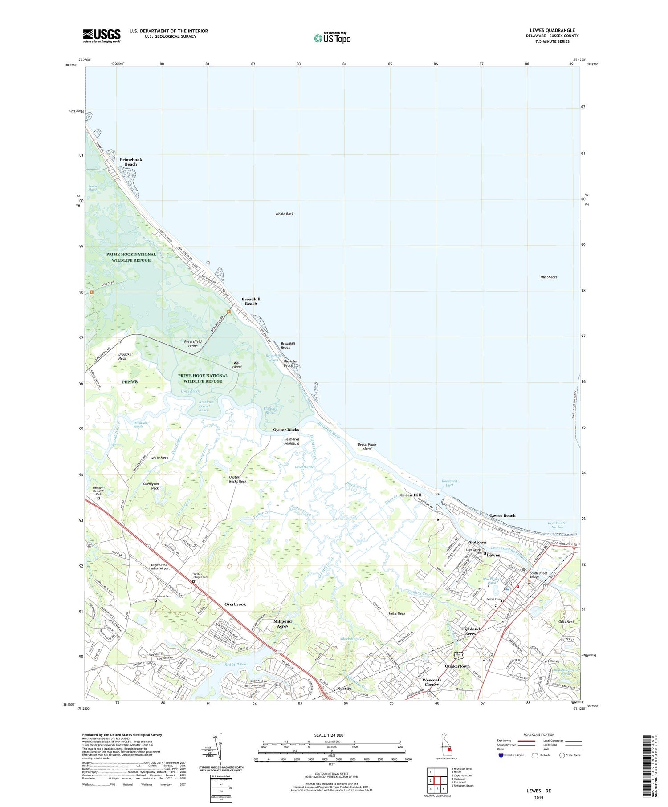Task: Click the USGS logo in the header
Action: click(102, 36)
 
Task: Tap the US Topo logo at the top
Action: click(332, 38)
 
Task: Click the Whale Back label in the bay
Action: click(284, 214)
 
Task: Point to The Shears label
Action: click(548, 277)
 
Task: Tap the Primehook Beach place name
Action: click(131, 162)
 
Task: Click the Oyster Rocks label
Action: click(286, 430)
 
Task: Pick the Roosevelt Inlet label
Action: click(449, 483)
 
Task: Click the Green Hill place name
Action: click(410, 495)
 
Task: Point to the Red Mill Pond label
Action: click(236, 664)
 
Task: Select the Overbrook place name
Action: click(235, 604)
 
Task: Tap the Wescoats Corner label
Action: click(431, 682)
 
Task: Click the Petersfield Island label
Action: click(193, 343)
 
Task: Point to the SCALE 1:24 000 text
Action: click(329, 735)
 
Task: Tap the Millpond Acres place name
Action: click(282, 623)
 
